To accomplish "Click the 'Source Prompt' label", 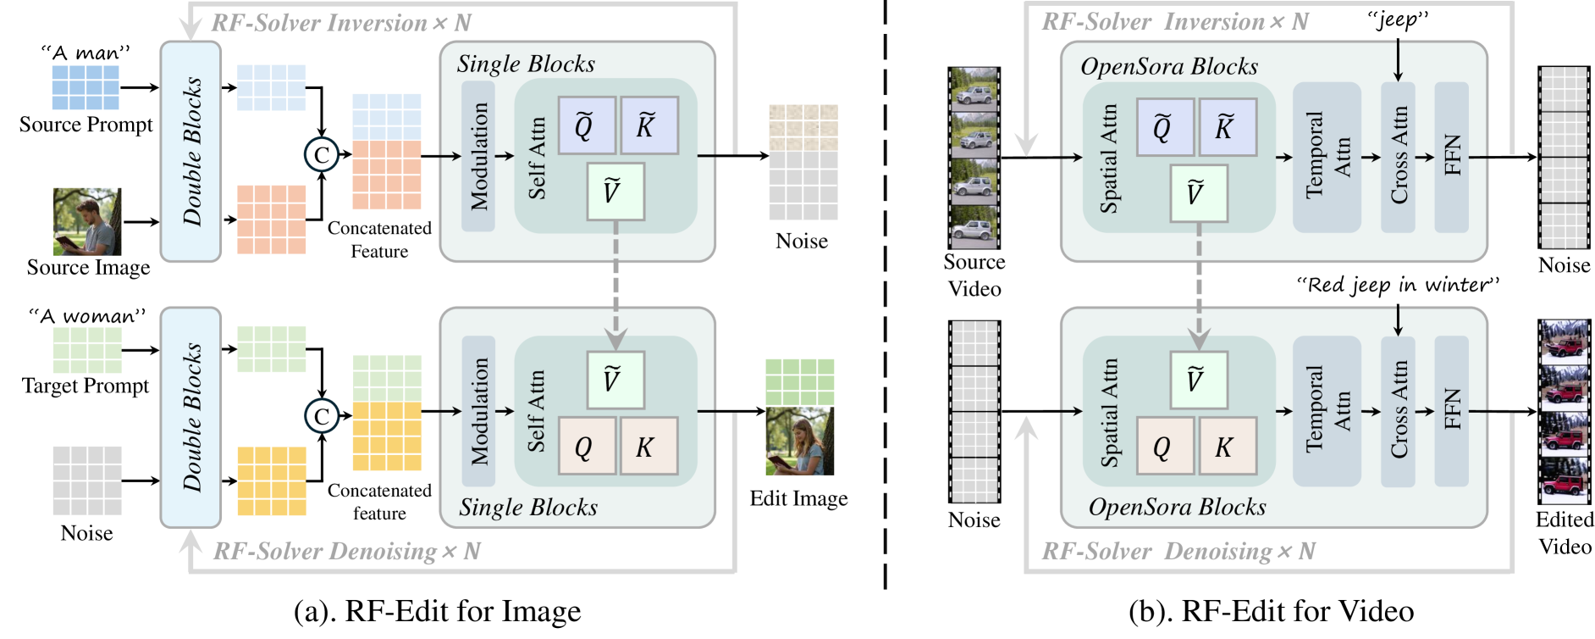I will (x=86, y=125).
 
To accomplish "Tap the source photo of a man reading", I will (x=87, y=222).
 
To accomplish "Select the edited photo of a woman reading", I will (x=800, y=441).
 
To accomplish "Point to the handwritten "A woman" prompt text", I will (x=87, y=316).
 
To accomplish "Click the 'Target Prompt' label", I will (x=86, y=386).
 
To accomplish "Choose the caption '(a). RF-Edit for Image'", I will (x=437, y=611).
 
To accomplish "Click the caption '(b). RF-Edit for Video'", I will (x=1271, y=611).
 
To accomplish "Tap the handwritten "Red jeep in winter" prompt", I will (x=1398, y=285).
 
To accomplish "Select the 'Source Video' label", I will (x=974, y=275).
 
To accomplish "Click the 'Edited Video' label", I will (x=1565, y=532).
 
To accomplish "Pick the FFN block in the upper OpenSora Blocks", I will (x=1451, y=157).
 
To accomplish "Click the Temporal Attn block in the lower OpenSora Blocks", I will (x=1327, y=411).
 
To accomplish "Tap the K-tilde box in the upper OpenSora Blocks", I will (x=1224, y=127).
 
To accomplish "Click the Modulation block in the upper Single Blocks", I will (x=478, y=157).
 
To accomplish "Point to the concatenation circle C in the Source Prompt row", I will (x=322, y=155).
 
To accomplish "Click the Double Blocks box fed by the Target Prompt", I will (x=191, y=417).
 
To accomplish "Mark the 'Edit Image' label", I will (x=798, y=498).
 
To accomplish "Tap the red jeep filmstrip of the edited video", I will (x=1565, y=412).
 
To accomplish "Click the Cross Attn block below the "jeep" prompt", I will (x=1398, y=157).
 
